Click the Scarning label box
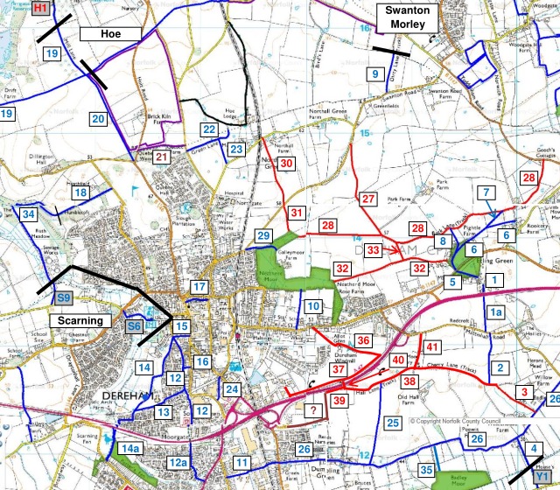[x=81, y=321]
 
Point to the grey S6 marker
[x=134, y=326]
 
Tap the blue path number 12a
[x=178, y=463]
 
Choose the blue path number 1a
[x=496, y=312]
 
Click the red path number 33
[x=374, y=250]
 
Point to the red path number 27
[x=368, y=199]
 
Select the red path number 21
[x=162, y=157]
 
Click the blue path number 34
[x=29, y=214]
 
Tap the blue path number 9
[x=375, y=74]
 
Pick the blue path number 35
[x=425, y=470]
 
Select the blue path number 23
[x=237, y=150]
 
